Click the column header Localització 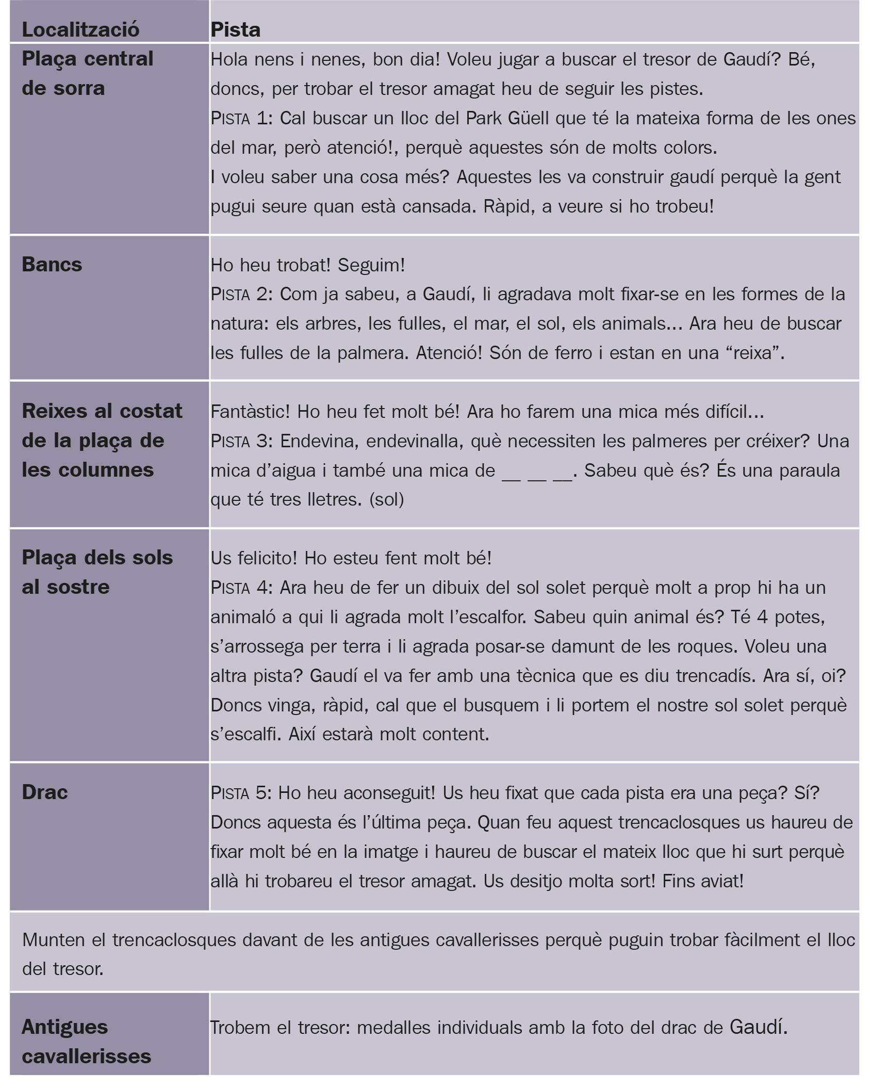(80, 29)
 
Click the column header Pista (235, 29)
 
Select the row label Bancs (52, 265)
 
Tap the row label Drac (44, 792)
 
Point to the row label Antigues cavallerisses (86, 1041)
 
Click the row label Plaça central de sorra (87, 73)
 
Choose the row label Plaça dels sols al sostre (97, 572)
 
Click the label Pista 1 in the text (240, 119)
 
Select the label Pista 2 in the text (240, 295)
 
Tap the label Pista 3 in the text (240, 441)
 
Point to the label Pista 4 (240, 588)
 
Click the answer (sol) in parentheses (387, 499)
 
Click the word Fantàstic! (250, 412)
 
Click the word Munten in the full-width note (54, 940)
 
